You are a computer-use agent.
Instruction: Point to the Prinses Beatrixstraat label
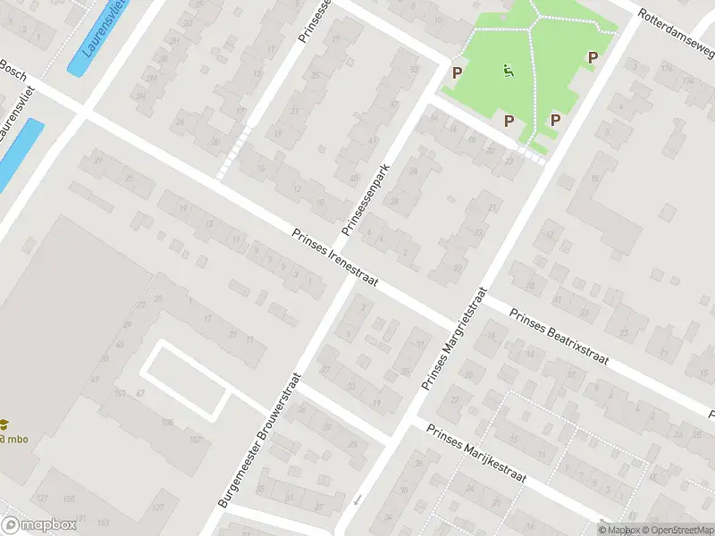(x=559, y=339)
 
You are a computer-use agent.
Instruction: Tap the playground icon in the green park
(x=509, y=70)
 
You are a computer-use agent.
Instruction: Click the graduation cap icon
(x=4, y=425)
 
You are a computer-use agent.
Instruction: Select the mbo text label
(x=16, y=440)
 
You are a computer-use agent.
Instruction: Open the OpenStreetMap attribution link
(x=677, y=530)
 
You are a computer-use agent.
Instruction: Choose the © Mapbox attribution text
(x=618, y=530)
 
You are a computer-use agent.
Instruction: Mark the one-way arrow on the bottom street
(x=358, y=499)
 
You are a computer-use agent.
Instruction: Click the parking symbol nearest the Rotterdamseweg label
(x=592, y=58)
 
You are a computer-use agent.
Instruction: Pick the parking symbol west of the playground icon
(x=457, y=72)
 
